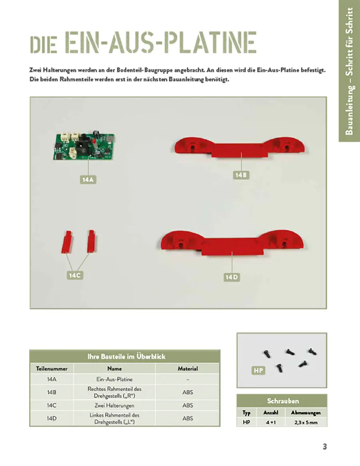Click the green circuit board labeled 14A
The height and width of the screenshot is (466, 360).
tap(84, 146)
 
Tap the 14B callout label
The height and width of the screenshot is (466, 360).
tap(241, 175)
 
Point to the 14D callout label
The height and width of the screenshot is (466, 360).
tap(231, 277)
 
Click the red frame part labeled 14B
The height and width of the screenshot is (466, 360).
tap(240, 147)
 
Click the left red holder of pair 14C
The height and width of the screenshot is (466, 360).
tap(66, 242)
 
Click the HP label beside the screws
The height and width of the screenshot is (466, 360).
tap(258, 371)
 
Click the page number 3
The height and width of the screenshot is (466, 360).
tap(325, 447)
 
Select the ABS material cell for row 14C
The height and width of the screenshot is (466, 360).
tap(188, 405)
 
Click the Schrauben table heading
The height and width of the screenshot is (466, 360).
tap(283, 401)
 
